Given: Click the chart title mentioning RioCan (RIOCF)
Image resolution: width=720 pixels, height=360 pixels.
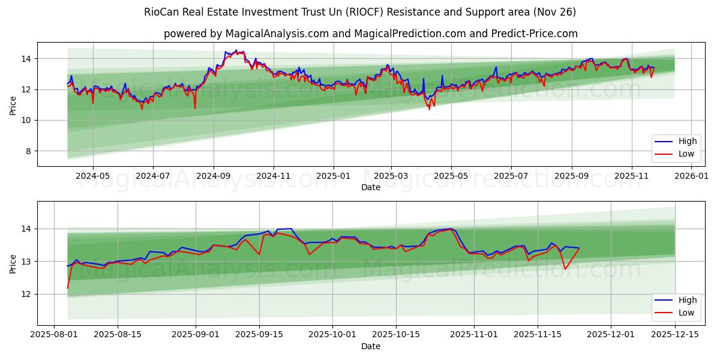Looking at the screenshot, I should pos(360,12).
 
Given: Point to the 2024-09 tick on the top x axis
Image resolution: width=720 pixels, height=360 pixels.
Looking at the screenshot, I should pos(214,176).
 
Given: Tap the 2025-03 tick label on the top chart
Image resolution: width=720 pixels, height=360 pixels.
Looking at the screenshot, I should pos(391,176).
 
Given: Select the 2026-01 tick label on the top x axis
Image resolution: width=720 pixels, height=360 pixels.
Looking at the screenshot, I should pos(691,176).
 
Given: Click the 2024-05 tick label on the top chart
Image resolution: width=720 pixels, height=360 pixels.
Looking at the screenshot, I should pos(93,176).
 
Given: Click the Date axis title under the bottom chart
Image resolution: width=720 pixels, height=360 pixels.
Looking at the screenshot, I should pos(370,346).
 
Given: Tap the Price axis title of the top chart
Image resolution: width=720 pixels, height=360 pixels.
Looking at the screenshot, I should pos(13,104).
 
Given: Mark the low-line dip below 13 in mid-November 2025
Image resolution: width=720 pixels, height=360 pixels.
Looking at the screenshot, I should pos(565,268).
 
